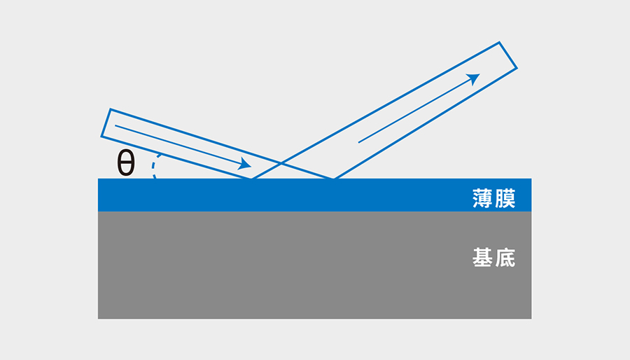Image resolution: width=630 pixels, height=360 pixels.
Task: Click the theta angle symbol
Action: [x=126, y=162]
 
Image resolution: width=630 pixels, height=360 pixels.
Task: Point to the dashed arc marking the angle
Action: [x=153, y=166]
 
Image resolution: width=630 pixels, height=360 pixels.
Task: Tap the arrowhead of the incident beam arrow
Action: [x=245, y=163]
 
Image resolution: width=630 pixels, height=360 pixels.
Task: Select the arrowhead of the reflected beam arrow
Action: [x=474, y=78]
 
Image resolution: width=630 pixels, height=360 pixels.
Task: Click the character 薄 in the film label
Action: [x=482, y=198]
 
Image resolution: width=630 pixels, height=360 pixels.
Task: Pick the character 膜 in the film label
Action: [x=505, y=198]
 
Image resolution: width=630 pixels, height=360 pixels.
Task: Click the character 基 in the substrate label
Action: [x=482, y=258]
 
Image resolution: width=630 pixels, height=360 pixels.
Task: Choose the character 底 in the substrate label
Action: [x=505, y=258]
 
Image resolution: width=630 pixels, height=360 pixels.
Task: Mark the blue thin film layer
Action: [x=314, y=195]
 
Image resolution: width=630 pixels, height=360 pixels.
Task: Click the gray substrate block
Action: [x=314, y=265]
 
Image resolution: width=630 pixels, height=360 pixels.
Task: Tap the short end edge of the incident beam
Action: [x=106, y=123]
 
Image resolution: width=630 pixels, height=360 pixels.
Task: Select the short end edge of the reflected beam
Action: [x=508, y=55]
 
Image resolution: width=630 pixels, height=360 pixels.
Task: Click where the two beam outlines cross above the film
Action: [x=281, y=162]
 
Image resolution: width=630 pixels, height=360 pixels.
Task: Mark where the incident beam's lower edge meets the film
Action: [x=251, y=179]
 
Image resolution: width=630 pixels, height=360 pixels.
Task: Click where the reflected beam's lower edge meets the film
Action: [x=334, y=179]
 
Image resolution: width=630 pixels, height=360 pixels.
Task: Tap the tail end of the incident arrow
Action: [x=115, y=126]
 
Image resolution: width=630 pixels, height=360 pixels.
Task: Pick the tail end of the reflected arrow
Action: [x=359, y=142]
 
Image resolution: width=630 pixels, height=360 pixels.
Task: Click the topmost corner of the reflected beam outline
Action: [x=499, y=42]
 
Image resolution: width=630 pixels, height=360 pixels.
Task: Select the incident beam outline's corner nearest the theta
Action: [x=101, y=137]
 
